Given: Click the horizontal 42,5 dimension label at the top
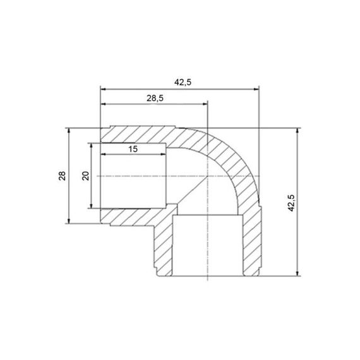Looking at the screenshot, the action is pyautogui.click(x=183, y=82).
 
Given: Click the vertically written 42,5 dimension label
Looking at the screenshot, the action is pyautogui.click(x=291, y=203).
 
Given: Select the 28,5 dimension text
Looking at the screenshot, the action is pyautogui.click(x=155, y=99).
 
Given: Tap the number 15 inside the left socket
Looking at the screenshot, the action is pyautogui.click(x=133, y=149).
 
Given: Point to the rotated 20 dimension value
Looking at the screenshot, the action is pyautogui.click(x=85, y=176).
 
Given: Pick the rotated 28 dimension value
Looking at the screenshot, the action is pyautogui.click(x=62, y=176).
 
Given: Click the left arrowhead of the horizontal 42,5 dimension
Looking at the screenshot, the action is pyautogui.click(x=103, y=89).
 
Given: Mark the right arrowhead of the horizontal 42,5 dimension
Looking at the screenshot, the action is pyautogui.click(x=256, y=89).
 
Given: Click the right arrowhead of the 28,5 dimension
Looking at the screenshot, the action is pyautogui.click(x=205, y=104).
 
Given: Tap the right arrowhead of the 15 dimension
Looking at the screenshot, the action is pyautogui.click(x=163, y=154).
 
